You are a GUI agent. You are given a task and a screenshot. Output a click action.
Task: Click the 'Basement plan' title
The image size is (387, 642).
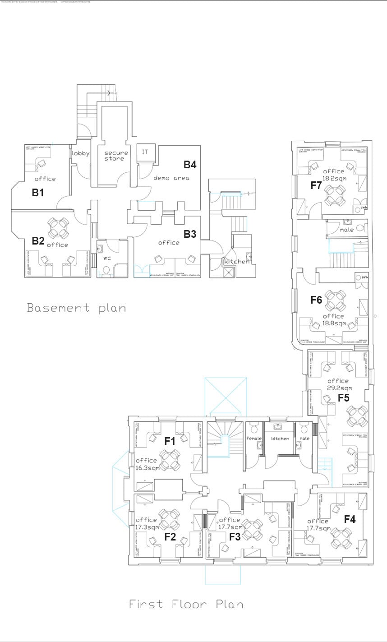coord(76,308)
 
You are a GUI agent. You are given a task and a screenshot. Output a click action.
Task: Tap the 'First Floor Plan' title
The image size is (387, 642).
coord(186,604)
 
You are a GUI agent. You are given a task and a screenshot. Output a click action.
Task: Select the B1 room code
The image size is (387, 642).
coord(38,193)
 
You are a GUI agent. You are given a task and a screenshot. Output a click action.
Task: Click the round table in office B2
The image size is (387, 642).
coord(58,228)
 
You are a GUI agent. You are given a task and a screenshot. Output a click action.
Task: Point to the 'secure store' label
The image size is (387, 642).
coord(116,156)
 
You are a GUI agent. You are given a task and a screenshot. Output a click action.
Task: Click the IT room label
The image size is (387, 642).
coord(145,152)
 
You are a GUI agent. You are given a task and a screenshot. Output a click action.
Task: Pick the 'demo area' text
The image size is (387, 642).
coord(171,178)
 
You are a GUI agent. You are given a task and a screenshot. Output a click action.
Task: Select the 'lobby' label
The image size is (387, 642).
coord(81,153)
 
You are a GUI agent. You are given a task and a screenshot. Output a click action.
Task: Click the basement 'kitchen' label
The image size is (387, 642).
coord(237,261)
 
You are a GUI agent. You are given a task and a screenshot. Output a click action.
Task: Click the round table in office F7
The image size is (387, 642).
coord(335,194)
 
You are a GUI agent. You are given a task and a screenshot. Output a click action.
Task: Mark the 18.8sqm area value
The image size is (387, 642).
coord(334,323)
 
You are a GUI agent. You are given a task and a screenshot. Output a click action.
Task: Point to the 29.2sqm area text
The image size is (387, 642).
coord(339,388)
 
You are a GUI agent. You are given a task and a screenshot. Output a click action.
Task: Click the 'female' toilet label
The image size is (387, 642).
coord(254,438)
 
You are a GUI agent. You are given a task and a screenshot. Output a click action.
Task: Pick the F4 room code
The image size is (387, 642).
coord(350,519)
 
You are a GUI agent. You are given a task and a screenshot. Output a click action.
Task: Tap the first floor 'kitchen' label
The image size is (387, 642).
coord(280,438)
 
